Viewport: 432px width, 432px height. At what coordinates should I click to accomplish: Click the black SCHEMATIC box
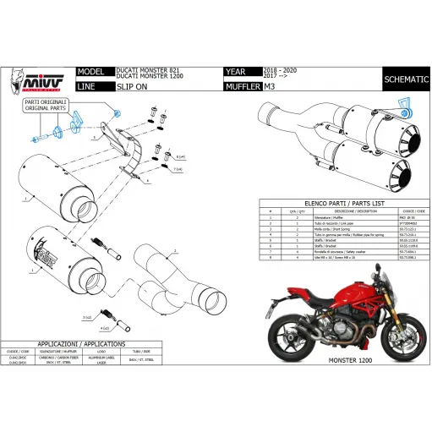[405, 79]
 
